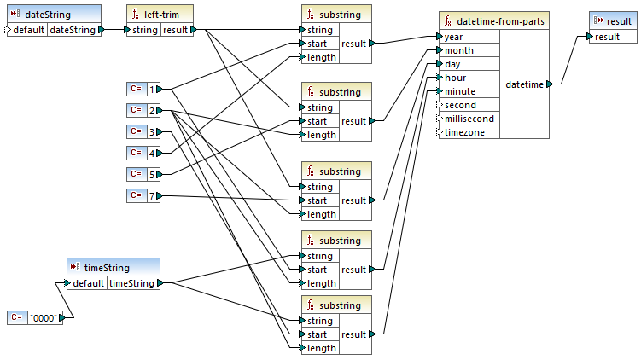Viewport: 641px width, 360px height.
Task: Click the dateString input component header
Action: pos(53,15)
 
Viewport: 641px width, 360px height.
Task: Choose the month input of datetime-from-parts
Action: pos(459,50)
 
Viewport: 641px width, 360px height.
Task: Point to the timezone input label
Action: pos(465,132)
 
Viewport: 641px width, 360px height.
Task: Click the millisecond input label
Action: pos(469,119)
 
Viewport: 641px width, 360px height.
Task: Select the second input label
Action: pos(460,105)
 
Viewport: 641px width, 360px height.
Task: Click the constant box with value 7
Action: pos(144,195)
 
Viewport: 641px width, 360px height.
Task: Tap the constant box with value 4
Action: pos(144,153)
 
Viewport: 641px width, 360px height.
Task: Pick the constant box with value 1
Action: pos(144,89)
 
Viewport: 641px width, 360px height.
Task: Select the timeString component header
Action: pos(112,267)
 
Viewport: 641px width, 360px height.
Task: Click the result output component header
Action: pos(613,20)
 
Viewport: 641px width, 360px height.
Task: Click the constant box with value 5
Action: pos(144,174)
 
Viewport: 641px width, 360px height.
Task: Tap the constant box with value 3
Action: pos(144,131)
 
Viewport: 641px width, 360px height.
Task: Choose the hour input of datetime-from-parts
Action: pos(455,78)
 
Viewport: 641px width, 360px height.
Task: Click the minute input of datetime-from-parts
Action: pos(460,91)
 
